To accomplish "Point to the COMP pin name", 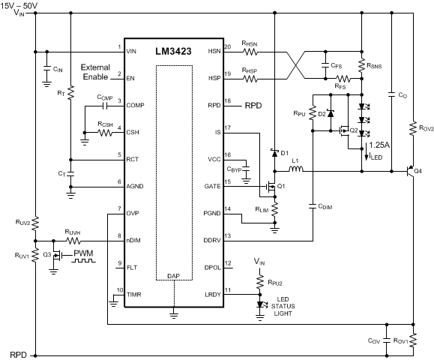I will coord(136,106).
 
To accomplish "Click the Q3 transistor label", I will coord(46,254).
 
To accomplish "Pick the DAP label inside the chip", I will coord(173,297).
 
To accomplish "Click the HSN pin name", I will coord(214,51).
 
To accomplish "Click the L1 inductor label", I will coord(296,160).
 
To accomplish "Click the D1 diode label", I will coord(284,153).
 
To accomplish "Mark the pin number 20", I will coord(229,47).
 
